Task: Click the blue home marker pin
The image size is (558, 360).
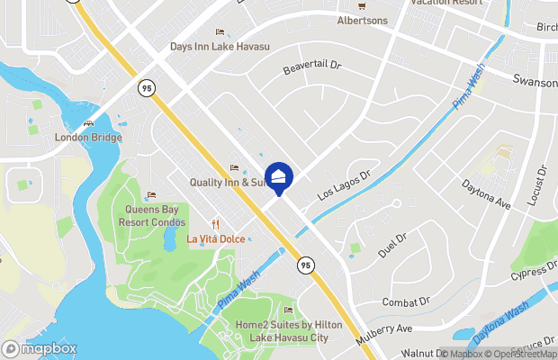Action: (x=278, y=175)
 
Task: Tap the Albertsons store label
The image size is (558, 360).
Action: (x=364, y=20)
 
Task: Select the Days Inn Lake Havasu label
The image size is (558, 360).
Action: (x=220, y=47)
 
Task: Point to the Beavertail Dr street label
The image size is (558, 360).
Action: (x=313, y=67)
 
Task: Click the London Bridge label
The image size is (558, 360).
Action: (x=88, y=138)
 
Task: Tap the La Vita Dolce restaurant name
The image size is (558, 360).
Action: (x=215, y=238)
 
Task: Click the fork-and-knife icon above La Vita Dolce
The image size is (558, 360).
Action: (x=215, y=224)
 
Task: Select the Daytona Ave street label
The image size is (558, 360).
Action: (x=486, y=193)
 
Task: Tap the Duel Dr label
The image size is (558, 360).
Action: (x=392, y=245)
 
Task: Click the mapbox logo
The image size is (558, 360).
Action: (x=40, y=348)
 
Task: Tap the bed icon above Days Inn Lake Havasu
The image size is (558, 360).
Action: (x=220, y=32)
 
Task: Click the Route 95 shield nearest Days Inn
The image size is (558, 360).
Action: (x=146, y=87)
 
